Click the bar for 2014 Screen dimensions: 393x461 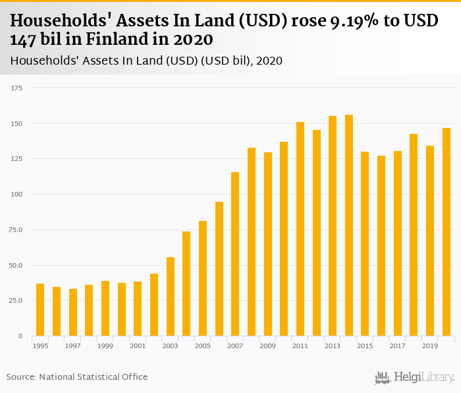pyautogui.click(x=349, y=225)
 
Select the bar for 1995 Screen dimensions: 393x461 pyautogui.click(x=40, y=309)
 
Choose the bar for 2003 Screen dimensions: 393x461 pyautogui.click(x=171, y=296)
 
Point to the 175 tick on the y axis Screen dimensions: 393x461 pyautogui.click(x=17, y=88)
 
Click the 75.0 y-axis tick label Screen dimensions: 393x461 pyautogui.click(x=16, y=229)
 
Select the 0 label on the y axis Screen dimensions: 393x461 pyautogui.click(x=20, y=336)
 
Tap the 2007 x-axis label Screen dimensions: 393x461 pyautogui.click(x=235, y=346)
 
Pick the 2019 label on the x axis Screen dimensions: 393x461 pyautogui.click(x=430, y=346)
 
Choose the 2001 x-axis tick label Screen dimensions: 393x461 pyautogui.click(x=138, y=346)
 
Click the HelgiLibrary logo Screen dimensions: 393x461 pyautogui.click(x=415, y=378)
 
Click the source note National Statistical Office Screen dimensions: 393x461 pyautogui.click(x=93, y=377)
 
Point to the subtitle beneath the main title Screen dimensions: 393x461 pyautogui.click(x=146, y=61)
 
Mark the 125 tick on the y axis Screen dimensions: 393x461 pyautogui.click(x=17, y=159)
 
